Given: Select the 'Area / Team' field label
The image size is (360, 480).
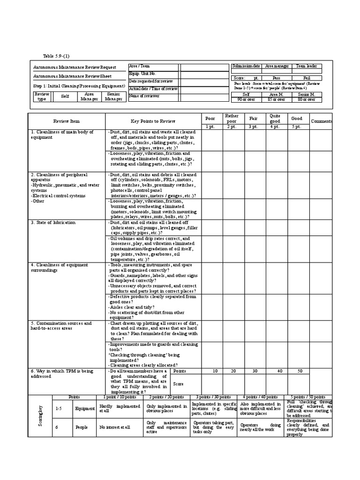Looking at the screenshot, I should tap(139, 67).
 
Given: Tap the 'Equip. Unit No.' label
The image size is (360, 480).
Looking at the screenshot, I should tap(142, 74).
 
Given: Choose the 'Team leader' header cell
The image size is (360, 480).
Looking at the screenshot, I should tap(307, 67).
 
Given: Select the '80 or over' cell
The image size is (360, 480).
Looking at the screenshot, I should tap(307, 99).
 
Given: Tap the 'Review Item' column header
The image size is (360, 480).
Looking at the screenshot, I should tap(67, 121).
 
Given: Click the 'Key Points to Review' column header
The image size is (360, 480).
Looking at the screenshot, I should tap(153, 121).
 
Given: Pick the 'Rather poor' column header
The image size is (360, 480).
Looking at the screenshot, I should tap(232, 118).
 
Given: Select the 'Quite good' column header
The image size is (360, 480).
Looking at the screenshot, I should tap(275, 118).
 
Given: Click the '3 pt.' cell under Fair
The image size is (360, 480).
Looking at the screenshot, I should tap(253, 127).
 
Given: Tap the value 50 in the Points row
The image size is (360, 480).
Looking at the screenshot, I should tap(298, 371).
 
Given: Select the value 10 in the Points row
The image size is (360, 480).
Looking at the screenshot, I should tap(215, 371).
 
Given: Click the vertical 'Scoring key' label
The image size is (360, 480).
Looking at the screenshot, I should tap(41, 415).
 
